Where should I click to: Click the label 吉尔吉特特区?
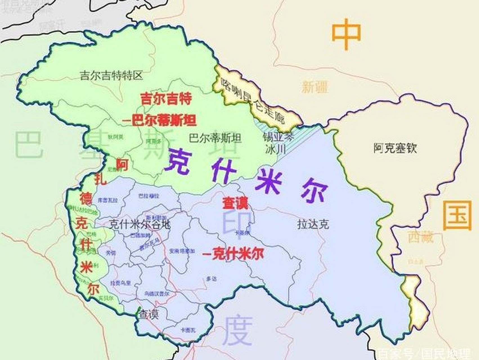pos(111,76)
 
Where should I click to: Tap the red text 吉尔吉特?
pos(166,99)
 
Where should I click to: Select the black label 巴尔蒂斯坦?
pos(215,138)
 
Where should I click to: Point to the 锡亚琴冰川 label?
pos(278,143)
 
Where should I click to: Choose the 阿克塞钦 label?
pos(395,148)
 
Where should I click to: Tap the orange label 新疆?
pos(315,87)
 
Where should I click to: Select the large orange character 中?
pos(346,34)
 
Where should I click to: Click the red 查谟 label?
pos(235,203)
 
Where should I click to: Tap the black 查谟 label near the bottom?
pos(149,314)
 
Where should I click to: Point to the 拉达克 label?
pos(313,224)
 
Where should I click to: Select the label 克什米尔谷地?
pos(140,224)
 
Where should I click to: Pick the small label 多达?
pos(211,279)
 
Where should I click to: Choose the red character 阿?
pos(122,164)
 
